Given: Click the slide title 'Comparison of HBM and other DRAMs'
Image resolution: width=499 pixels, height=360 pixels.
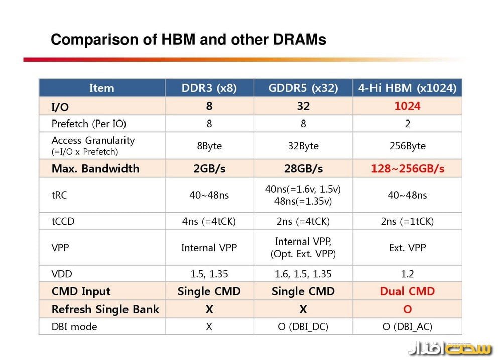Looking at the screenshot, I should [x=188, y=40].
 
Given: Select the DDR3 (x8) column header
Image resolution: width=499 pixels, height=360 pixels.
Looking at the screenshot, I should [x=209, y=88].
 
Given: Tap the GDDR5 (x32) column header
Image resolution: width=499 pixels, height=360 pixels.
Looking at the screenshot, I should [x=303, y=88].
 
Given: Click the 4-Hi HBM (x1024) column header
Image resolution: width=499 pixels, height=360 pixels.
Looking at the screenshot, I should [x=407, y=88].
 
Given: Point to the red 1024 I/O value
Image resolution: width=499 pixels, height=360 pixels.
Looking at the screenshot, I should [x=407, y=106].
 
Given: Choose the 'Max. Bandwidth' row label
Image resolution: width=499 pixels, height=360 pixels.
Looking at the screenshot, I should [x=95, y=169].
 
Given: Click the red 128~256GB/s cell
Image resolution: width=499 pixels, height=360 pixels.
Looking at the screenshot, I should [x=407, y=169].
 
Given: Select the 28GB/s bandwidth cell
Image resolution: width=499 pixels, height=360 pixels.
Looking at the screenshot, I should [x=303, y=169].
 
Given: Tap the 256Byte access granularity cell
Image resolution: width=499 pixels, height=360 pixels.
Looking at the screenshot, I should [x=407, y=146].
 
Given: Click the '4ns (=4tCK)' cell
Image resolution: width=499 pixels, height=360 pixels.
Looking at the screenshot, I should [x=209, y=221].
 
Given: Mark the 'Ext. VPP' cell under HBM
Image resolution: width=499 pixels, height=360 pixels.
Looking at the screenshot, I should [x=407, y=247].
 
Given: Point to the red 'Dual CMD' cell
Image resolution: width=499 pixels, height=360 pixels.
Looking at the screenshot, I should [x=407, y=291].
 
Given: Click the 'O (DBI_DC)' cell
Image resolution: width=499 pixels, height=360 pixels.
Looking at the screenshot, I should [x=303, y=327].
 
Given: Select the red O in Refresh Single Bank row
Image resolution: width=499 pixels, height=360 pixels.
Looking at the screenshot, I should [x=407, y=309].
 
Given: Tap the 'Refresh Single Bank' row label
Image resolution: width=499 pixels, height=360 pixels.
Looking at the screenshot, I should [x=105, y=309].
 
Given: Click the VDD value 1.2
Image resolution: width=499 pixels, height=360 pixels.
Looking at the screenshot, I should [x=407, y=274].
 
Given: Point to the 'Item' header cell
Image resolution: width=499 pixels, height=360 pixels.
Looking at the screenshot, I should [x=101, y=88].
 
